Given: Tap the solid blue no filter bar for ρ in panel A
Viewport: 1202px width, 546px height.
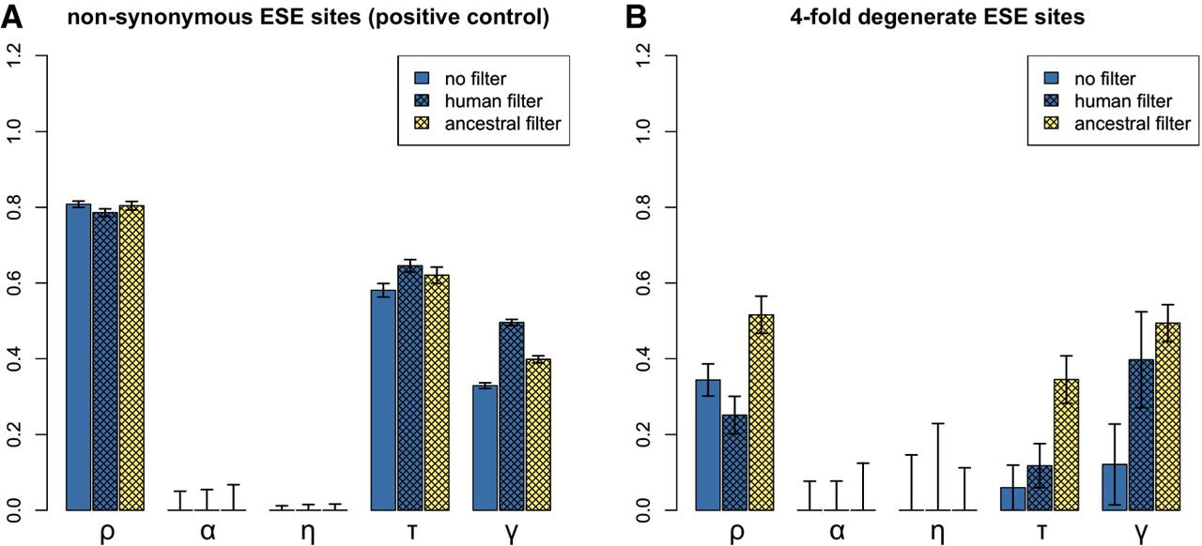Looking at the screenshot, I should pyautogui.click(x=78, y=356).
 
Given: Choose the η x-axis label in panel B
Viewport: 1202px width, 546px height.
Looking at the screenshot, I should pyautogui.click(x=937, y=532).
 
